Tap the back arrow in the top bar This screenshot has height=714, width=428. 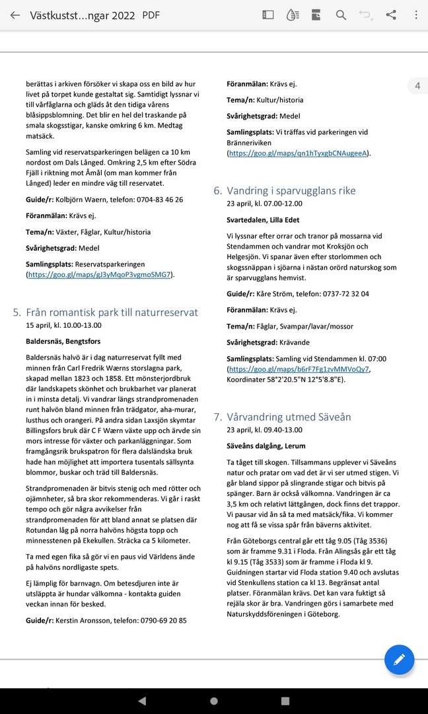click(x=15, y=15)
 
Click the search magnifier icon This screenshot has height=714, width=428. click(x=341, y=15)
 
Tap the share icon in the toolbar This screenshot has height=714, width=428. click(x=391, y=15)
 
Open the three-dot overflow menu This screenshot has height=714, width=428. click(x=415, y=15)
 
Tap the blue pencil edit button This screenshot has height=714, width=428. click(x=399, y=659)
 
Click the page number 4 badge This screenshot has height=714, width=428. click(x=417, y=86)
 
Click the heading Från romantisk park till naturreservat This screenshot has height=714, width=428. click(x=112, y=312)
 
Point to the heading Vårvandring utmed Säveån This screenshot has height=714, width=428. click(x=289, y=417)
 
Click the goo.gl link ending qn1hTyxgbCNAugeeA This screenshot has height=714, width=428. click(x=299, y=153)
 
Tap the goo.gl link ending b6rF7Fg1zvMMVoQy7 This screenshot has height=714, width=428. click(x=299, y=369)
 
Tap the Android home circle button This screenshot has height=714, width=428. click(x=213, y=700)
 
